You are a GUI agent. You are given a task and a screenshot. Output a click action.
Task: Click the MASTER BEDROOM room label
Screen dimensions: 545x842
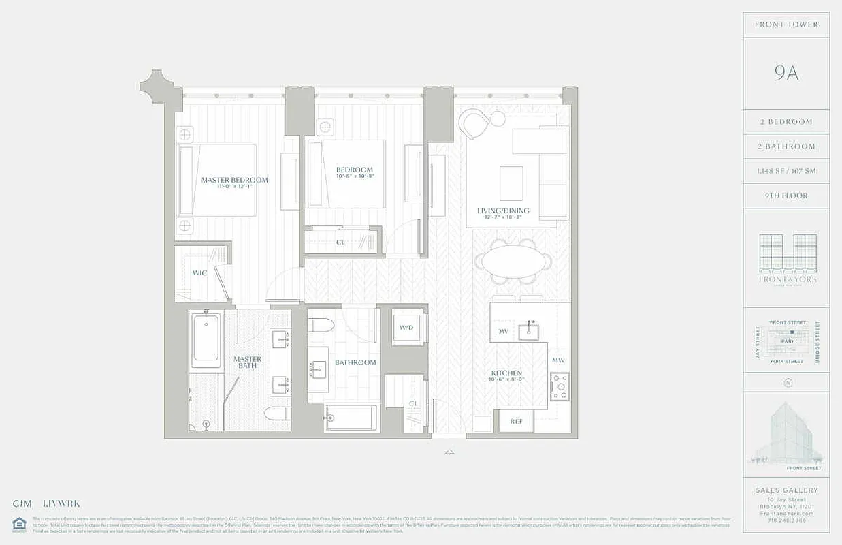[234, 181]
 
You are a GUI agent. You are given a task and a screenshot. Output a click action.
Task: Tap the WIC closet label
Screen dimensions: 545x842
[199, 273]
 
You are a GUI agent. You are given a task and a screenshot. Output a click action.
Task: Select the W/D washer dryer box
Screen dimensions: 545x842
[406, 328]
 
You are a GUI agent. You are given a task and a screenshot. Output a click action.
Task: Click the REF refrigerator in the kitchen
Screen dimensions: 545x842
[516, 422]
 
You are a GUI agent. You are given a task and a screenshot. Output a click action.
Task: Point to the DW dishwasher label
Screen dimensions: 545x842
[502, 332]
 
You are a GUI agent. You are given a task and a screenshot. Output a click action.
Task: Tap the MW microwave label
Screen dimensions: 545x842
[558, 360]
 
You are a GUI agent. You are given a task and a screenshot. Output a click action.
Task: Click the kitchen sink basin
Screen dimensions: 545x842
[528, 332]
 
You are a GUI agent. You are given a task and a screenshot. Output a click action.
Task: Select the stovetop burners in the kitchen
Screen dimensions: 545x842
[560, 386]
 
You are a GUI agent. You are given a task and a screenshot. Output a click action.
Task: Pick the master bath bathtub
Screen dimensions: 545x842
[205, 341]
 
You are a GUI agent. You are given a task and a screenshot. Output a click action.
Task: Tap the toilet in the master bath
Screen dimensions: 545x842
[279, 414]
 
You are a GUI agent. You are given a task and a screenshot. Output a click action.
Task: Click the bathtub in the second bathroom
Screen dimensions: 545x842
[352, 418]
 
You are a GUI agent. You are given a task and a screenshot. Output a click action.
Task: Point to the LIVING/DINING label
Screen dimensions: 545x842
[503, 211]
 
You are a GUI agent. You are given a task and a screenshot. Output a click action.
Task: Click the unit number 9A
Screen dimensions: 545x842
[786, 74]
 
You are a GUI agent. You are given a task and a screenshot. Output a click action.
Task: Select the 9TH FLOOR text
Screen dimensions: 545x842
[786, 196]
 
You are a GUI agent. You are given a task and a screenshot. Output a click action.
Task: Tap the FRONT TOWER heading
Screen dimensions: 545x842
[786, 25]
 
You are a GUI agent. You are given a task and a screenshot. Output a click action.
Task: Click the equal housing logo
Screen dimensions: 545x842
[18, 523]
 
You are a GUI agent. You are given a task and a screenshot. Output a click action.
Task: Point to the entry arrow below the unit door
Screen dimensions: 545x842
[449, 451]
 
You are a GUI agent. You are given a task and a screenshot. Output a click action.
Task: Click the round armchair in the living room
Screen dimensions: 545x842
[475, 125]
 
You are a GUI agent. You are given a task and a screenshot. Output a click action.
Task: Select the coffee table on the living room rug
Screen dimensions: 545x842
[511, 183]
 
